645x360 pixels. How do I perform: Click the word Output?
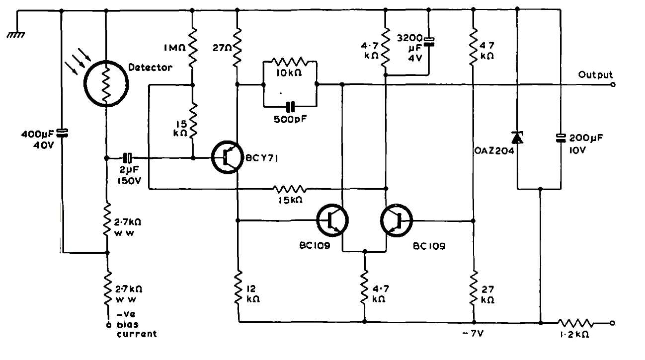pos(595,75)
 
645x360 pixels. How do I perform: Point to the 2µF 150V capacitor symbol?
pos(128,158)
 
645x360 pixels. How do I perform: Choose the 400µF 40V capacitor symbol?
pos(62,133)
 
